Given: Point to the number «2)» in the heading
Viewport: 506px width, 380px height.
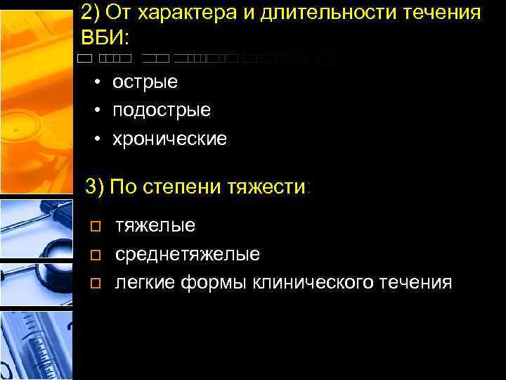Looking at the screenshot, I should click(91, 13).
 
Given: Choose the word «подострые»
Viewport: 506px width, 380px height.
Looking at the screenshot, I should click(162, 110).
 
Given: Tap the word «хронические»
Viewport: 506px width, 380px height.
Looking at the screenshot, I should click(170, 139).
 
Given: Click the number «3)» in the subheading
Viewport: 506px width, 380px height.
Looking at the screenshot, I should click(94, 188).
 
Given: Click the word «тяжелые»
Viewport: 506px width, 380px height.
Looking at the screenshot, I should click(155, 226).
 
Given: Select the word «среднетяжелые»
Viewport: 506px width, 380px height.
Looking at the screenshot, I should click(188, 254).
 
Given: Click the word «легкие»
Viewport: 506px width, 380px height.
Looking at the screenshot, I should click(145, 283).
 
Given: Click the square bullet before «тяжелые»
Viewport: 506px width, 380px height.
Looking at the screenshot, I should click(96, 227).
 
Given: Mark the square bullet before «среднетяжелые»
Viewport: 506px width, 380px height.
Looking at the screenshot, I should click(96, 255).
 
